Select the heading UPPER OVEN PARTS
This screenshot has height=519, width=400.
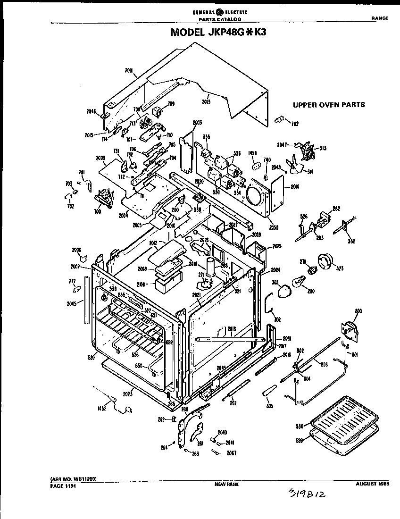click(329, 105)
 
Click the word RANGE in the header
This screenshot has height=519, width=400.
click(379, 18)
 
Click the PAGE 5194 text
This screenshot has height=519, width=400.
click(62, 485)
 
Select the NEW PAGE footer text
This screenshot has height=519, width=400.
click(226, 484)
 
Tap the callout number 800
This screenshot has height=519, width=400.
click(358, 311)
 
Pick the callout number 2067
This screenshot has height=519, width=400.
click(231, 453)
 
